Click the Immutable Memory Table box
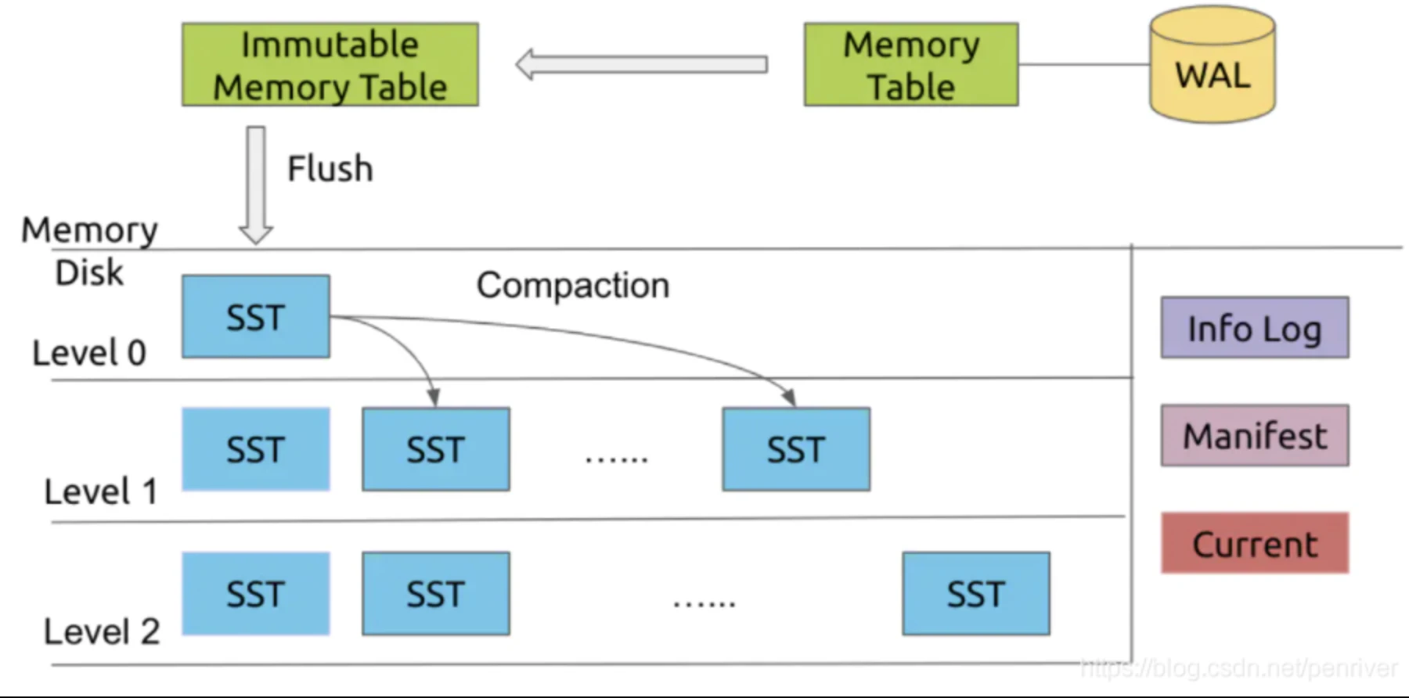pyautogui.click(x=330, y=65)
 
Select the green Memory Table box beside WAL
pyautogui.click(x=911, y=65)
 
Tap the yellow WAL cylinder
pyautogui.click(x=1212, y=67)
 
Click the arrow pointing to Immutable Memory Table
pyautogui.click(x=642, y=64)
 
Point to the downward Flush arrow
pyautogui.click(x=256, y=185)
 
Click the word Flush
pyautogui.click(x=330, y=169)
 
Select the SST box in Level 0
pyautogui.click(x=256, y=317)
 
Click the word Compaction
pyautogui.click(x=573, y=286)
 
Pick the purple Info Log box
pyautogui.click(x=1254, y=328)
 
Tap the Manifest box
pyautogui.click(x=1254, y=436)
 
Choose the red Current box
pyautogui.click(x=1254, y=544)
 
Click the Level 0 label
pyautogui.click(x=89, y=353)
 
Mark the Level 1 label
pyautogui.click(x=100, y=492)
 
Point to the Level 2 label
pyautogui.click(x=102, y=631)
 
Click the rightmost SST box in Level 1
pyautogui.click(x=796, y=450)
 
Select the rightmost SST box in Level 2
pyautogui.click(x=975, y=594)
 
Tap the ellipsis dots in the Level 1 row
pyautogui.click(x=617, y=459)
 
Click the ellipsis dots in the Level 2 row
pyautogui.click(x=704, y=603)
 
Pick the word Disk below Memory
pyautogui.click(x=89, y=273)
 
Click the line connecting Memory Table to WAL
pyautogui.click(x=1083, y=65)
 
